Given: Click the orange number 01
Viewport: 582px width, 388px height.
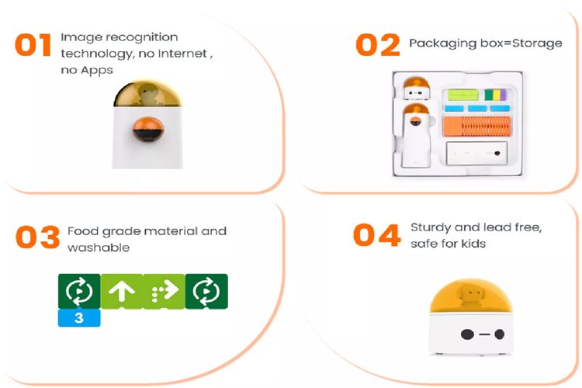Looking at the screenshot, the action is pyautogui.click(x=33, y=45).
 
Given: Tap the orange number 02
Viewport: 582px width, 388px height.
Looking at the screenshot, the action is pyautogui.click(x=378, y=44).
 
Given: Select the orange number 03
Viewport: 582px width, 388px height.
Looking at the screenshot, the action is pyautogui.click(x=37, y=237).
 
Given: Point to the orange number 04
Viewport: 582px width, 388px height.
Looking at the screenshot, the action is pyautogui.click(x=376, y=235).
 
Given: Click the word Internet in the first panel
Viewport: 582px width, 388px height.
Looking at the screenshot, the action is pyautogui.click(x=182, y=54).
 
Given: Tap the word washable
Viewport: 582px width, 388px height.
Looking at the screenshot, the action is pyautogui.click(x=99, y=248).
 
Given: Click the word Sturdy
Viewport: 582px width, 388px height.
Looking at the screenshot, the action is pyautogui.click(x=431, y=227).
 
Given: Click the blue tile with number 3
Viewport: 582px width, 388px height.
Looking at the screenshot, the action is pyautogui.click(x=79, y=318).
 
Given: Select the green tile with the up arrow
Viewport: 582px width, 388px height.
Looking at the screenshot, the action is pyautogui.click(x=122, y=292).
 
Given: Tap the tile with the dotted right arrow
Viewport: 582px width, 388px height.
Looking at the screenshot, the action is pyautogui.click(x=164, y=292).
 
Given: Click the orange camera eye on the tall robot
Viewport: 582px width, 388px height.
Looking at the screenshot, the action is pyautogui.click(x=148, y=129).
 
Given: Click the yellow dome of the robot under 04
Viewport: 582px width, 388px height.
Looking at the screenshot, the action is pyautogui.click(x=471, y=296).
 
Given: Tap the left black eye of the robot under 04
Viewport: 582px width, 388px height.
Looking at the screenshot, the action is pyautogui.click(x=467, y=334).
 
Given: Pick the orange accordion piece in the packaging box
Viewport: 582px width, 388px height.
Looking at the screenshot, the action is pyautogui.click(x=477, y=126).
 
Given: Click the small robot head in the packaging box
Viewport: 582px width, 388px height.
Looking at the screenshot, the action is pyautogui.click(x=417, y=88).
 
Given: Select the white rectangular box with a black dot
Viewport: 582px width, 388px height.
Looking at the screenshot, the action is pyautogui.click(x=476, y=153).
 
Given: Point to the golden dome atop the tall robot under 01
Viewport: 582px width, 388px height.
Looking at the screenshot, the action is pyautogui.click(x=147, y=93).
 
